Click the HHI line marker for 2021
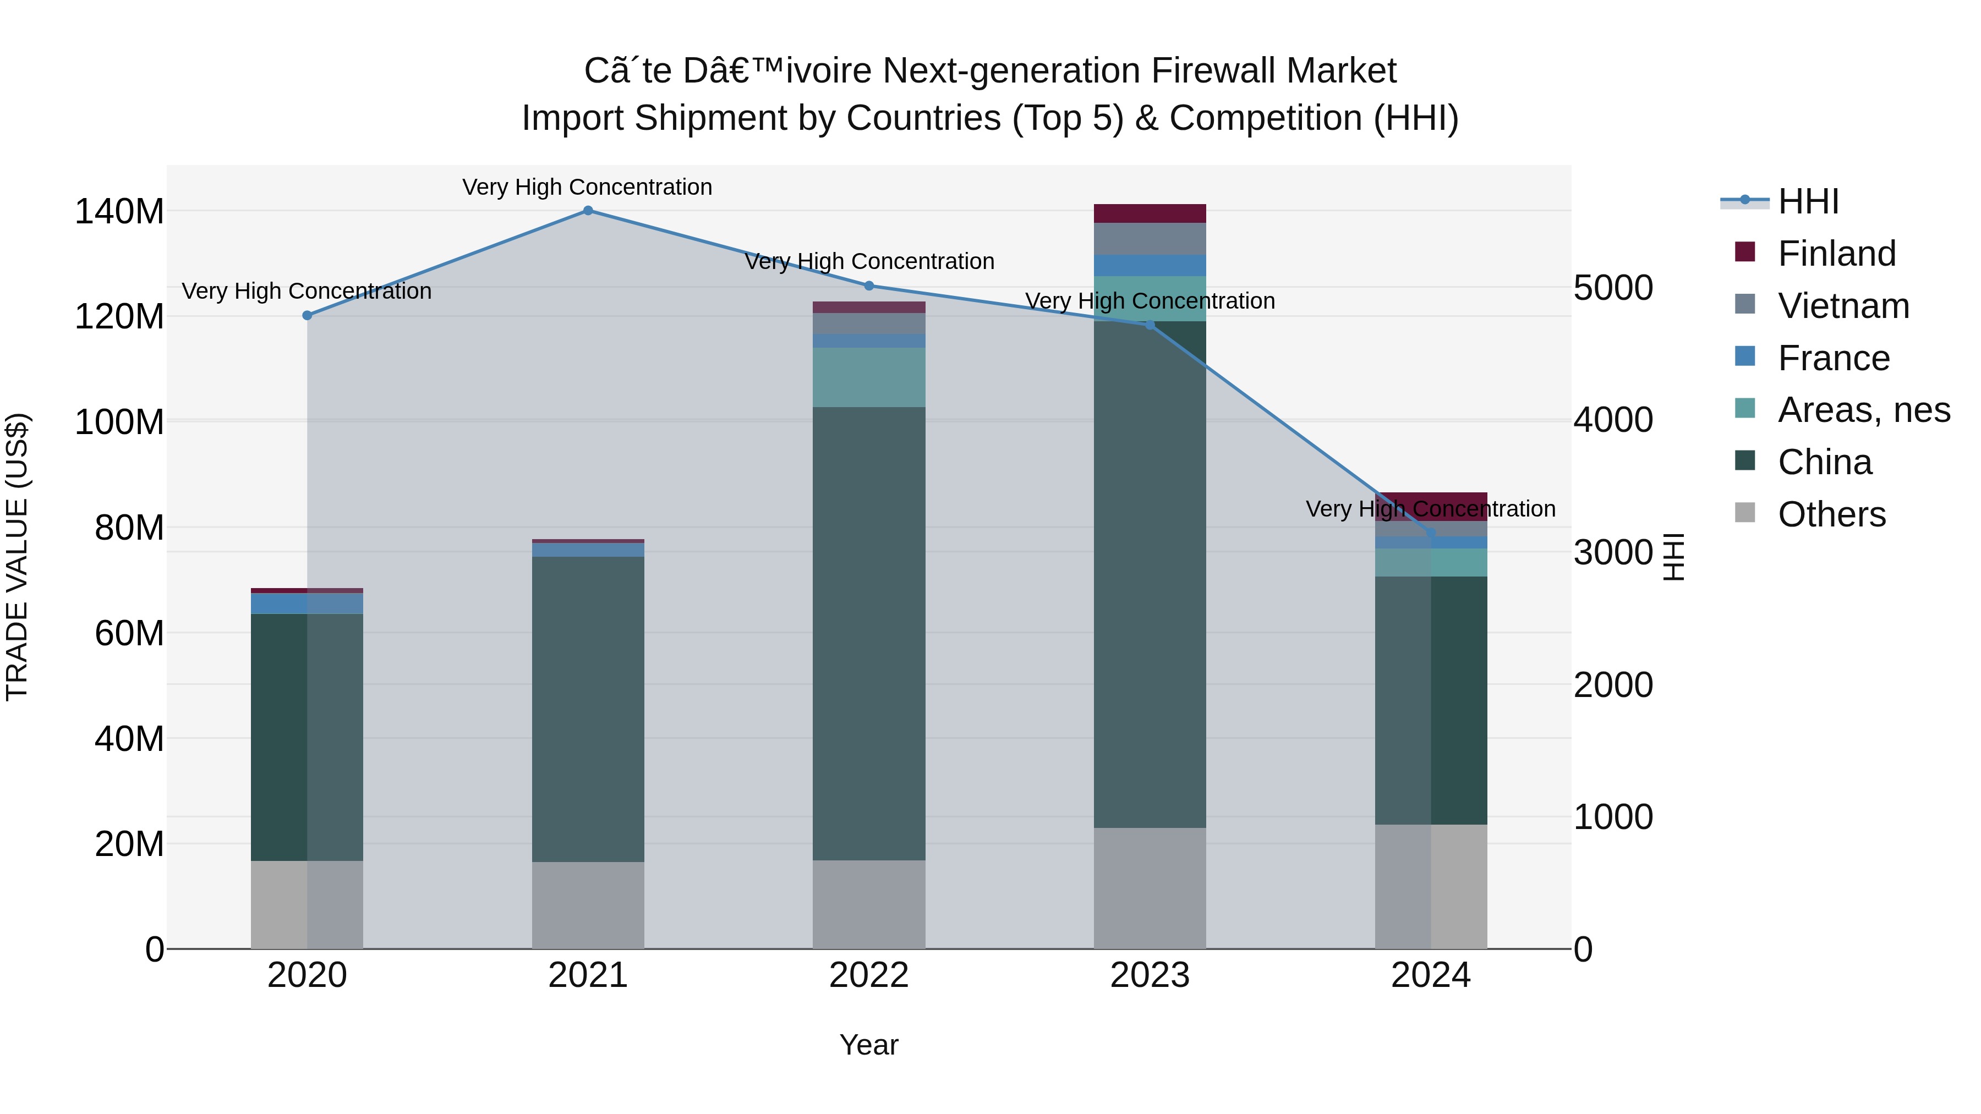tap(588, 211)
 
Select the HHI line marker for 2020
tap(307, 315)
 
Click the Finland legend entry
tap(1836, 254)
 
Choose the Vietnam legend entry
tap(1843, 306)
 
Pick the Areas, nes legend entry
tap(1863, 410)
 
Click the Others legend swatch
tap(1745, 513)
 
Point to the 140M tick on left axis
tap(119, 211)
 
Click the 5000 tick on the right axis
tap(1613, 288)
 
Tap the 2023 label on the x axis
tap(1150, 975)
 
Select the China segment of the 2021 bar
tap(588, 707)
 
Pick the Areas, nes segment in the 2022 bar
tap(869, 377)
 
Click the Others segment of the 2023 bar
tap(1150, 888)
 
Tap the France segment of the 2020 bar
tap(307, 603)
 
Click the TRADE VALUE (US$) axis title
tap(17, 557)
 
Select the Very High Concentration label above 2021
tap(588, 187)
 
